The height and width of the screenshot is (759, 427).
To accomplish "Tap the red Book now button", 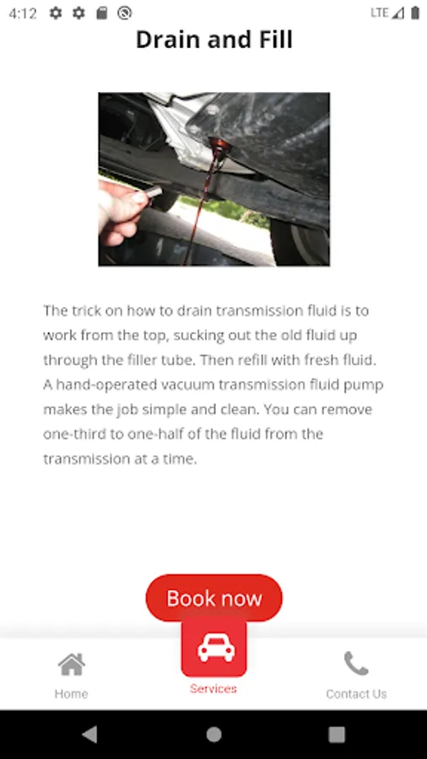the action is [214, 598].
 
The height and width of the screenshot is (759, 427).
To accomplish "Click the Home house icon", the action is [72, 665].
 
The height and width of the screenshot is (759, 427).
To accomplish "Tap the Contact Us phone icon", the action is [356, 663].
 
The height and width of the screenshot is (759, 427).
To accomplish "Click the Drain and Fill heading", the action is [214, 40].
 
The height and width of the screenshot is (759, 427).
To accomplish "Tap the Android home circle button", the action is [213, 735].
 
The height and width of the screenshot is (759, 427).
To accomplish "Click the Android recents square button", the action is [337, 735].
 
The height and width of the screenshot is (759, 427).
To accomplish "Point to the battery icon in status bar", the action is [415, 13].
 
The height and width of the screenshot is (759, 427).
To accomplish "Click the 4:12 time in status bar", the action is [23, 13].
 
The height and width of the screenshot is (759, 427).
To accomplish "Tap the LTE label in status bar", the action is [380, 13].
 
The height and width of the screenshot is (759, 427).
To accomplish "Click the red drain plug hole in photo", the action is [219, 145].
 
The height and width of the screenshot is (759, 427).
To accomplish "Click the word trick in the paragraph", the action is [86, 310].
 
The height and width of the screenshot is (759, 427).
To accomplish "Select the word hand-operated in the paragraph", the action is [107, 385].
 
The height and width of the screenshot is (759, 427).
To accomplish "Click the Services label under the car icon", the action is [213, 688].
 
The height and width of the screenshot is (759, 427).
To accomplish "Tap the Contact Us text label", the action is [356, 694].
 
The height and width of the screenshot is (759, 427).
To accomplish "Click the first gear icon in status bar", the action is [56, 13].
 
